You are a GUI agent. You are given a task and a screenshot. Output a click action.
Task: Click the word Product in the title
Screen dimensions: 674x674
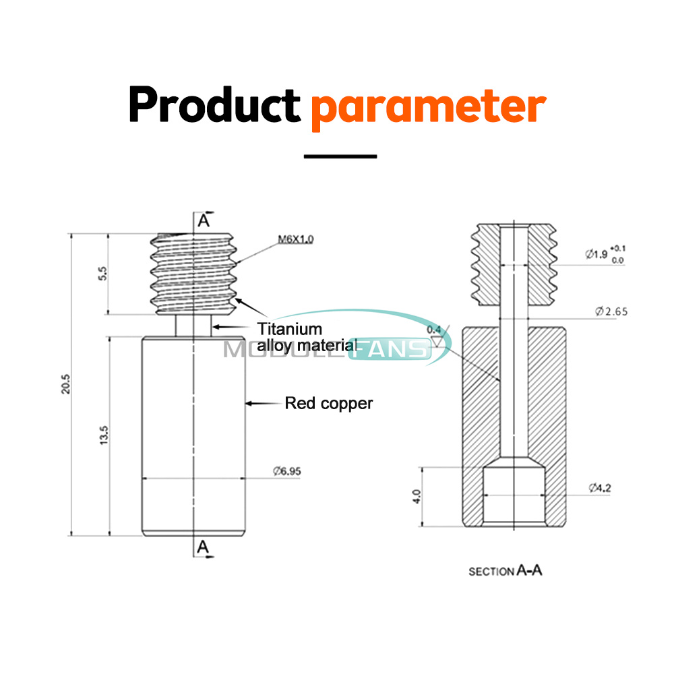pyautogui.click(x=214, y=104)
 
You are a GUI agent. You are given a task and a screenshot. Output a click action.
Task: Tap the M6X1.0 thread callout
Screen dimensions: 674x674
pyautogui.click(x=296, y=239)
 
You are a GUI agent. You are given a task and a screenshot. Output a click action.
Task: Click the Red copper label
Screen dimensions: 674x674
pyautogui.click(x=329, y=403)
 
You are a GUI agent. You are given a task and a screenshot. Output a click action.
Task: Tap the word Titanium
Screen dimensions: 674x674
pyautogui.click(x=290, y=329)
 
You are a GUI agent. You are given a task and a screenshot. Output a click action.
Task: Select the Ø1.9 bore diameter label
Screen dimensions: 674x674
pyautogui.click(x=596, y=254)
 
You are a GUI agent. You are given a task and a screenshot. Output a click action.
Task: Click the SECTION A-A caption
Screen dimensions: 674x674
pyautogui.click(x=506, y=571)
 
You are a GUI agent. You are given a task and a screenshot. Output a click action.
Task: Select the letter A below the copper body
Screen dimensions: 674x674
pyautogui.click(x=203, y=549)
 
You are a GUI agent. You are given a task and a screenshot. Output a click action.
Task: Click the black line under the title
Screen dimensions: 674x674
pyautogui.click(x=340, y=156)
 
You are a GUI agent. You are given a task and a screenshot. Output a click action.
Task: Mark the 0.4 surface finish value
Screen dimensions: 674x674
pyautogui.click(x=434, y=329)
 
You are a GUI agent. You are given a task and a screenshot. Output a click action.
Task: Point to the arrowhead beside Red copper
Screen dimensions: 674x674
pyautogui.click(x=249, y=403)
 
